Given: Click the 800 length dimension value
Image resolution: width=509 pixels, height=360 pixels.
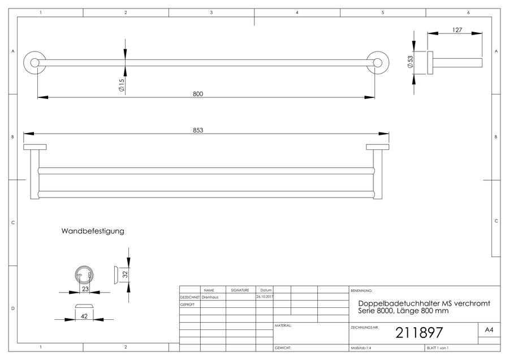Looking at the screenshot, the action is tap(198, 94).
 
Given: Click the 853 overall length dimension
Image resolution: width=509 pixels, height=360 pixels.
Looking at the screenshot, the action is tap(198, 130).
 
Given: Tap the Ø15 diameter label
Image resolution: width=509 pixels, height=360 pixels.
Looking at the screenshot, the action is tap(122, 85).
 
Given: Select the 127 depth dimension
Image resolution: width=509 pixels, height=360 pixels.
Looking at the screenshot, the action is tap(457, 30).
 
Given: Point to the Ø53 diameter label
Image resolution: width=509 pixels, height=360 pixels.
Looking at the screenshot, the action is tap(410, 62).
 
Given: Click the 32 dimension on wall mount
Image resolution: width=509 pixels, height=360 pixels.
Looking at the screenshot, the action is tap(126, 274).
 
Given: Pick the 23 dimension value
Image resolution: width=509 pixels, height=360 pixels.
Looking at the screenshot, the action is tap(85, 289).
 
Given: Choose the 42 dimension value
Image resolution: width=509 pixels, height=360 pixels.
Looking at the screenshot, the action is tap(84, 316).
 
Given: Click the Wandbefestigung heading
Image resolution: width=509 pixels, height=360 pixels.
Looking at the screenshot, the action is tap(93, 231).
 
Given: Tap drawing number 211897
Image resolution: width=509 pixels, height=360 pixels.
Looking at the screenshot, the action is tap(419, 332).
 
